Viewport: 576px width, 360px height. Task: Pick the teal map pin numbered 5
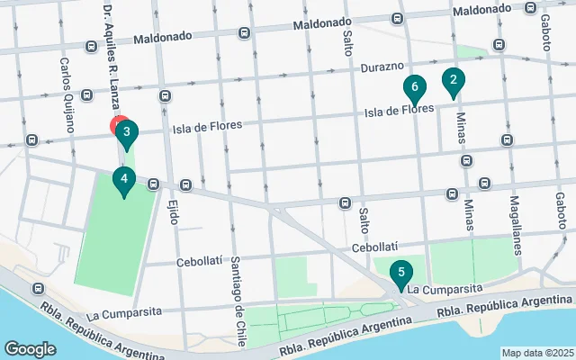point(400,272)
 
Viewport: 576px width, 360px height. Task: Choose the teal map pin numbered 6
point(414,88)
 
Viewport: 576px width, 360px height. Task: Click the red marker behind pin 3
point(117,123)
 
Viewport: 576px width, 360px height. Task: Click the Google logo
point(30,348)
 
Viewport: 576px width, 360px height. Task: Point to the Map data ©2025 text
point(536,352)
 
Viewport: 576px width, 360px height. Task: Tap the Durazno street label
point(383,67)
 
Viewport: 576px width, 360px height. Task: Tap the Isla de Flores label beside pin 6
point(400,111)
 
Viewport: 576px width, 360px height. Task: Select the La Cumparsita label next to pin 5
point(445,289)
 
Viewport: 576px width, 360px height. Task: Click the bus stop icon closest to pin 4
point(153,184)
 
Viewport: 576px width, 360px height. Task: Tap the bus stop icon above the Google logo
point(38,289)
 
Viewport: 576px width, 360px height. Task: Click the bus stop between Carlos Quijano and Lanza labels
point(86,94)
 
